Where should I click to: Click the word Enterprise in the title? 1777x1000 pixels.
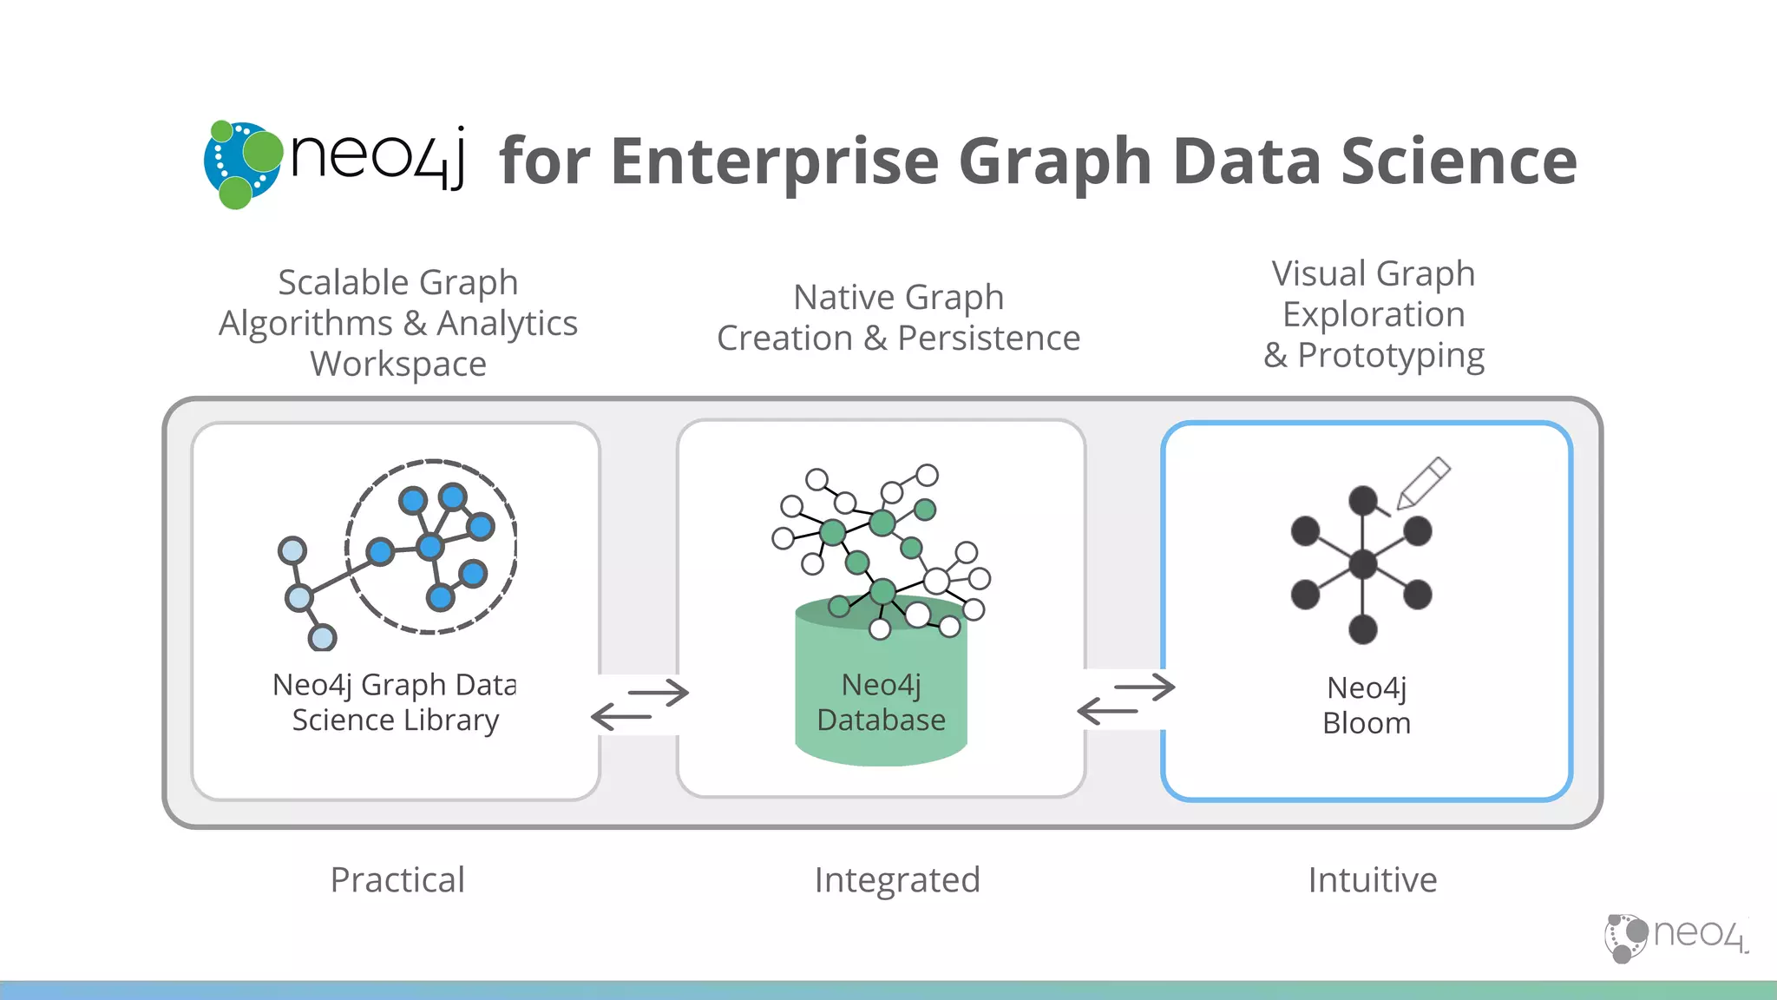775,162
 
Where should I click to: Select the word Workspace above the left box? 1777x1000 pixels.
398,364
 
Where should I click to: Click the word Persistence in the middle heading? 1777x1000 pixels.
988,338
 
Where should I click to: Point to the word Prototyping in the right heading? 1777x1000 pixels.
1390,355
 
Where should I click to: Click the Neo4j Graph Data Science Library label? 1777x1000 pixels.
395,702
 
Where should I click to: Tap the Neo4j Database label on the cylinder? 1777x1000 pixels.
881,702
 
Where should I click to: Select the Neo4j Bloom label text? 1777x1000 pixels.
1367,705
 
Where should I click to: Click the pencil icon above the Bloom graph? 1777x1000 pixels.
1424,483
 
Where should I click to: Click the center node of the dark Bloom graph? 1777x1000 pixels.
1362,564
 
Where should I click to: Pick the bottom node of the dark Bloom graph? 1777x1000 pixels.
1362,628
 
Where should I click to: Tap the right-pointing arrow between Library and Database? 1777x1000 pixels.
659,693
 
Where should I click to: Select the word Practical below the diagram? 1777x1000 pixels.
397,880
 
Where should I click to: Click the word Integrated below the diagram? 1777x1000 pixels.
897,880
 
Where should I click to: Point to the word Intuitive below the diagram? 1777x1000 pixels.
1373,880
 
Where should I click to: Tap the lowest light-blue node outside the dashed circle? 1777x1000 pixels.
322,638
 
